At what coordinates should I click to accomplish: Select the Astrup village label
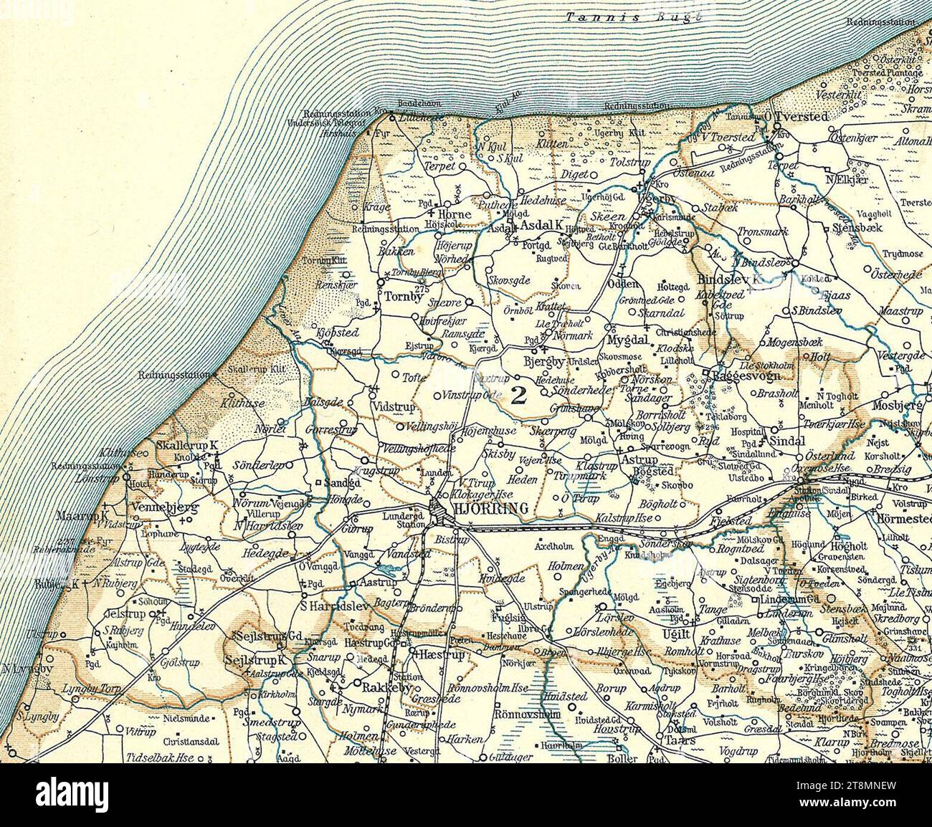tap(638, 459)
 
